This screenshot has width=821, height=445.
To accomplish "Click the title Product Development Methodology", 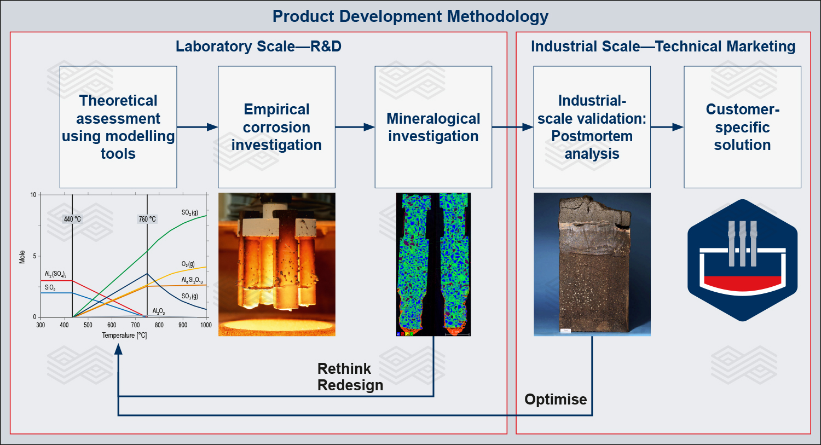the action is [410, 16].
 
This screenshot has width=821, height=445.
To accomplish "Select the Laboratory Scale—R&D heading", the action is [258, 46].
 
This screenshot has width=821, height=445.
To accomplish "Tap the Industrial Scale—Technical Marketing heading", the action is [663, 46].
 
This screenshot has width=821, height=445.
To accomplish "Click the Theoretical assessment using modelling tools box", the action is [118, 127].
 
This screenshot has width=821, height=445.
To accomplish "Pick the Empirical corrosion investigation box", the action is [276, 127].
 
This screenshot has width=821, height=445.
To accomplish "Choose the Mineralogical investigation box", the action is [433, 127].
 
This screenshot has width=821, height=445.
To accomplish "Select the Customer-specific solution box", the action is [742, 127].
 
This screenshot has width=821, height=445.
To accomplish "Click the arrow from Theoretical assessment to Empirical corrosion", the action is [197, 127].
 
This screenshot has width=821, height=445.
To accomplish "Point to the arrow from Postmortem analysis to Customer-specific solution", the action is [667, 127].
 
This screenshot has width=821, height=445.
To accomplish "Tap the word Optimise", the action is [556, 399].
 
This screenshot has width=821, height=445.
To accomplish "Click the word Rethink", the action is [344, 368].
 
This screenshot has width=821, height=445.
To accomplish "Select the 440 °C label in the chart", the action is [72, 219].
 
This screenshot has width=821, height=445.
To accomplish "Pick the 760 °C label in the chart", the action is [147, 219].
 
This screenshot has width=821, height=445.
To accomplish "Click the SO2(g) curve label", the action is [190, 212].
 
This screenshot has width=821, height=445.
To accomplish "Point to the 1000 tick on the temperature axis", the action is [206, 325].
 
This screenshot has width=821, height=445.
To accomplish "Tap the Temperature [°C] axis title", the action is [124, 335].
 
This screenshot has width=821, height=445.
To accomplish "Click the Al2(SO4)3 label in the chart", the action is [56, 274].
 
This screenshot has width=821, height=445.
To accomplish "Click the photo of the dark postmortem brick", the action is [592, 264].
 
